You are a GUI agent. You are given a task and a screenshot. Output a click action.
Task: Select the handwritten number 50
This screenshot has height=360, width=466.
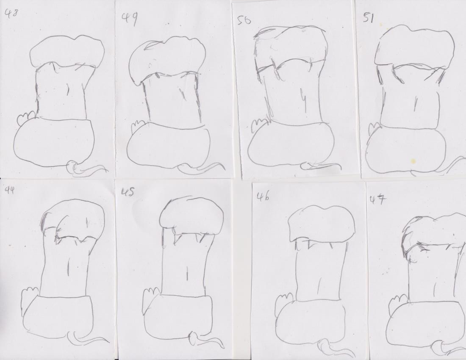point(244,20)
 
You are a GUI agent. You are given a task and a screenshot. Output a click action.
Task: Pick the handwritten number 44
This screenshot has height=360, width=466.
point(9,190)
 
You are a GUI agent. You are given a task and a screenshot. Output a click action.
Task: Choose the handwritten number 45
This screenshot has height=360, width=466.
point(128,192)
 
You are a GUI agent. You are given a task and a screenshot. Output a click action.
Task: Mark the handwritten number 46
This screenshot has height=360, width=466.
point(264,197)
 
